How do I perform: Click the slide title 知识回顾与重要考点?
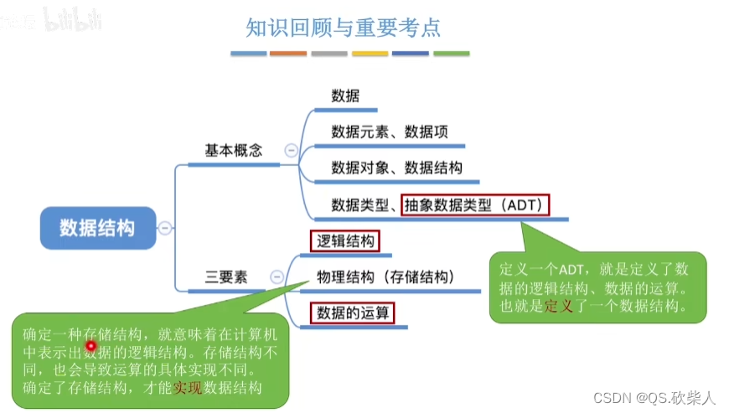(x=343, y=28)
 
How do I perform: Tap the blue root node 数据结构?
(x=97, y=227)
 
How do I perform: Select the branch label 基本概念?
(x=234, y=151)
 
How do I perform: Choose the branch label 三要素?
(x=226, y=277)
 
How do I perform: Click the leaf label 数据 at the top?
(x=345, y=96)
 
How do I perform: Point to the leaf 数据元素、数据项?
(x=390, y=132)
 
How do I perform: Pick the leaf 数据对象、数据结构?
(x=396, y=168)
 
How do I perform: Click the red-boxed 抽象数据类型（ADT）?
(x=475, y=204)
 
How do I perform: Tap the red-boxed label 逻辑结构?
(x=344, y=242)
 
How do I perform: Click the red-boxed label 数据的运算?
(x=353, y=313)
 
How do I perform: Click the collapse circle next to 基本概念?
(x=291, y=151)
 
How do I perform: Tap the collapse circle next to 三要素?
(x=276, y=277)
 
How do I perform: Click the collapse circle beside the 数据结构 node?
(x=166, y=228)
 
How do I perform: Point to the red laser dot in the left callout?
(x=91, y=345)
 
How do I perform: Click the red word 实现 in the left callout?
(x=188, y=387)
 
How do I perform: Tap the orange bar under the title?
(x=288, y=54)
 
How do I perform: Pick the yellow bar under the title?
(x=370, y=54)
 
